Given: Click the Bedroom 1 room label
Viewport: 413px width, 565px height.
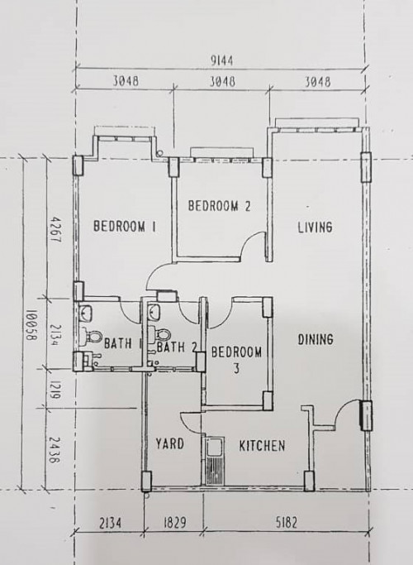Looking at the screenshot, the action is point(125,227).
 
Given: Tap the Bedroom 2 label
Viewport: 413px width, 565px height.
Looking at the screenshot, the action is point(219,206).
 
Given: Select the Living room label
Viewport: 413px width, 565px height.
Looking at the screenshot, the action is point(316,227).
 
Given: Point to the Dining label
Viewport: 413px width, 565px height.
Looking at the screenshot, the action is point(316,339).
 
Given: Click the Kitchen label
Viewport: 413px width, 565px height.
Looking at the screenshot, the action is point(263,446).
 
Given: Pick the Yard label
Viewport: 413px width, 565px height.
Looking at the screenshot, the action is point(170,443).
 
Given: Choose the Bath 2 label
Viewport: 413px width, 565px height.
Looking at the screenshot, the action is point(177,347).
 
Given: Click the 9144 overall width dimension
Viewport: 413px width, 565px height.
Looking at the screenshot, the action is point(221,60).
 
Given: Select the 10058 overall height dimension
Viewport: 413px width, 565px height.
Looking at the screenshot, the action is point(31,324).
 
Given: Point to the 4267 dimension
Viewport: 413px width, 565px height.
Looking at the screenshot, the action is point(55,229).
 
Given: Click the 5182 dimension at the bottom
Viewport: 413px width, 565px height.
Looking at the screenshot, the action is point(287,522).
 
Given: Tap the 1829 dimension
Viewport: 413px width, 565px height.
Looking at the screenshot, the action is point(175,522).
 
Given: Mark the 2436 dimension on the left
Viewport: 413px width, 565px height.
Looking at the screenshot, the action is point(54,450).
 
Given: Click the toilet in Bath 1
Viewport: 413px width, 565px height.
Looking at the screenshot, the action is point(92,337).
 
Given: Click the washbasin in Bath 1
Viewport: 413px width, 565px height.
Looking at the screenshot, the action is point(86,312).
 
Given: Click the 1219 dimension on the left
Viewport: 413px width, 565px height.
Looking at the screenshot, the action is point(54,390).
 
